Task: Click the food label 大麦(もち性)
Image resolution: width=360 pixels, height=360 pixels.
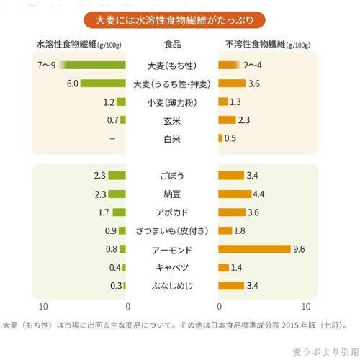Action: coord(172,66)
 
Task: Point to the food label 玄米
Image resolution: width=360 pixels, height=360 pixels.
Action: coord(172,120)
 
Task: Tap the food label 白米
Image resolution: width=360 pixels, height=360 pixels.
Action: coord(172,138)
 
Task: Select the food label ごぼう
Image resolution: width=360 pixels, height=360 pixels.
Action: coord(172,176)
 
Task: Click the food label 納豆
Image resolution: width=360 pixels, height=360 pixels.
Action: coord(172,194)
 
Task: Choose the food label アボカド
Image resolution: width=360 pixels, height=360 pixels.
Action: coord(172,212)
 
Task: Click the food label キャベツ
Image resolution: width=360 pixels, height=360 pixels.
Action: coord(172,268)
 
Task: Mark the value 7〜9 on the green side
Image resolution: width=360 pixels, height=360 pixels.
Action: coord(46,66)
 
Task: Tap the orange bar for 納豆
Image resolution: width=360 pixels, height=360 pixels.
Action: coord(235,194)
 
